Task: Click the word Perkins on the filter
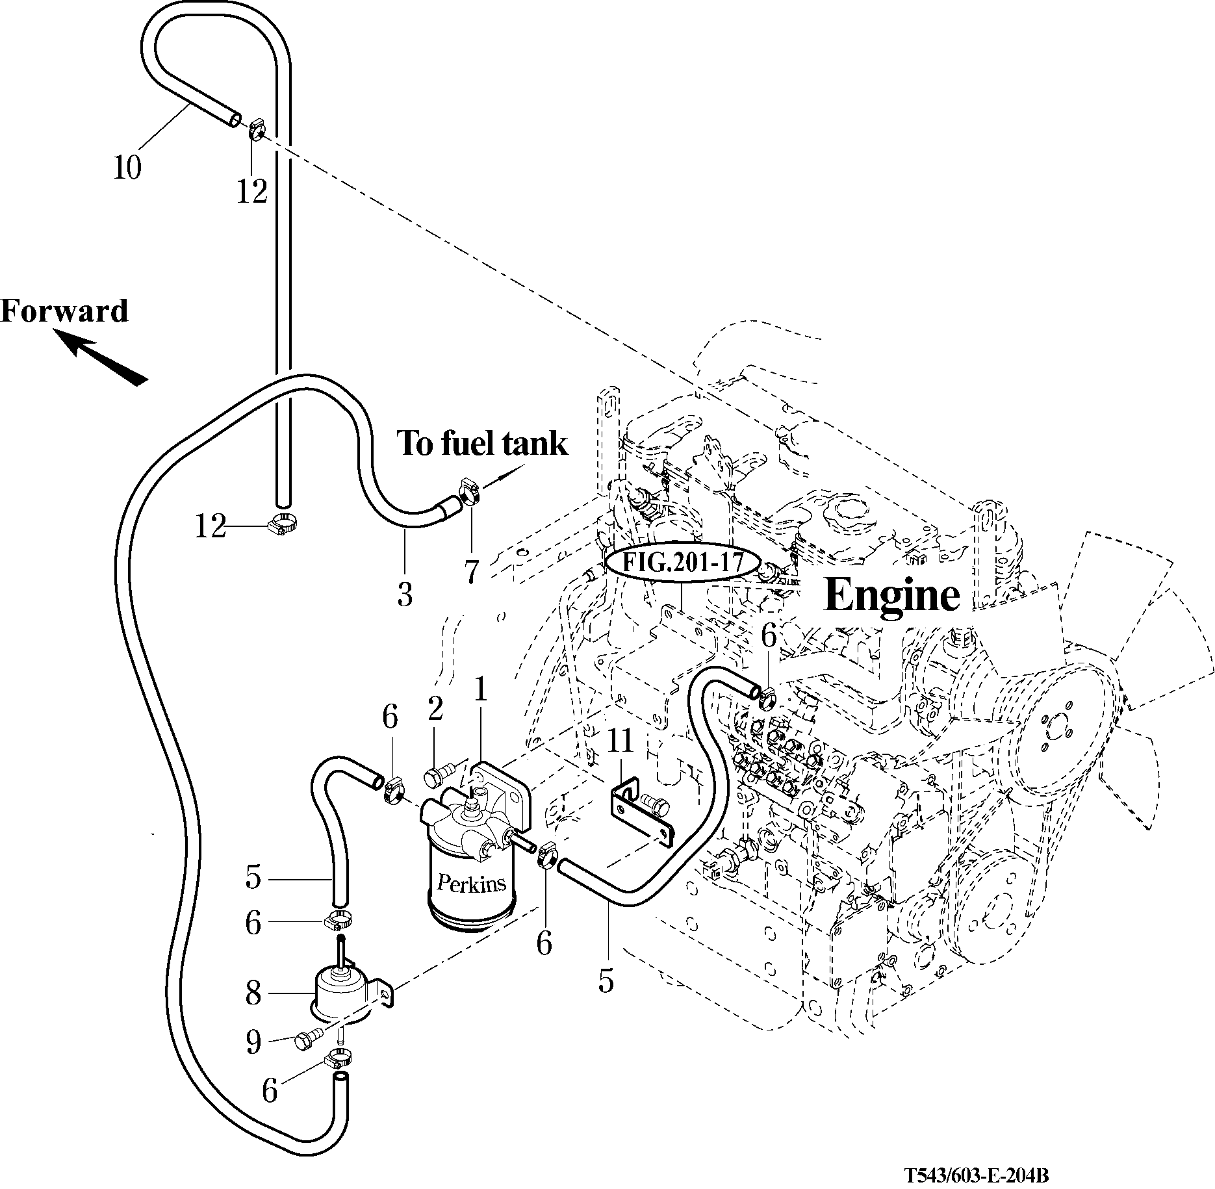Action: [x=471, y=883]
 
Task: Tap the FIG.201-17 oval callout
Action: [x=682, y=563]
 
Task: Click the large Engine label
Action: [x=891, y=594]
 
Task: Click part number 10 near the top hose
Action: [x=127, y=168]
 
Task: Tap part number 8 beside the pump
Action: [x=253, y=993]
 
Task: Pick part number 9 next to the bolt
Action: [x=253, y=1042]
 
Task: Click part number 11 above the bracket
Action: [x=620, y=741]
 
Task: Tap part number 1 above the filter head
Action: [x=480, y=690]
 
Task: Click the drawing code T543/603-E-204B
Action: [x=978, y=1175]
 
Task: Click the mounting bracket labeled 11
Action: [x=640, y=816]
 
